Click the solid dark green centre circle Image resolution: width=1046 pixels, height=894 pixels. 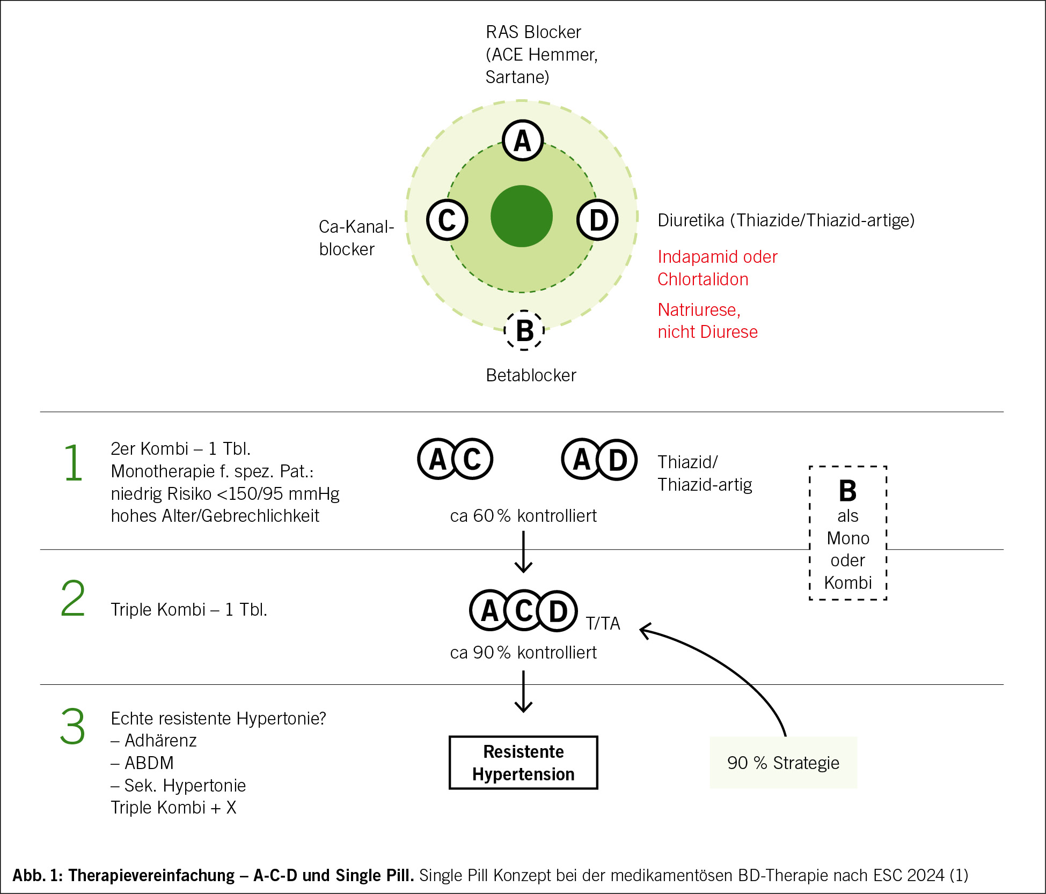(522, 216)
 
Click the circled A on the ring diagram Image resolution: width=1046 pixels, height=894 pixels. (523, 141)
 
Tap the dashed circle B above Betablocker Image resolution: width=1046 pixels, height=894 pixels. (524, 330)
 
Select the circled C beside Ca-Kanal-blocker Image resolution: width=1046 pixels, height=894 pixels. (447, 220)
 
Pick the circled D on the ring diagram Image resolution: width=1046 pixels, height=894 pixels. (598, 220)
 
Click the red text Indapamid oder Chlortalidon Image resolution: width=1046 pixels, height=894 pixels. (717, 268)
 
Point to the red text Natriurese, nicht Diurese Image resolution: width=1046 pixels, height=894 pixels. (707, 321)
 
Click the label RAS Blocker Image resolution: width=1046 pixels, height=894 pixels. (533, 32)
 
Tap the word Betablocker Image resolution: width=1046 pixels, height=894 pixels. (531, 375)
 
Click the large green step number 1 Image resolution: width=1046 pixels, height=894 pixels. (73, 462)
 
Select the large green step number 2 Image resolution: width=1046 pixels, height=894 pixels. (73, 599)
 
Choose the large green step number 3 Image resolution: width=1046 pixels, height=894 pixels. (73, 727)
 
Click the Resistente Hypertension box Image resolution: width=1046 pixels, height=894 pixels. (523, 763)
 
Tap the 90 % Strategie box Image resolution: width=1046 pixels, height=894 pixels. (783, 763)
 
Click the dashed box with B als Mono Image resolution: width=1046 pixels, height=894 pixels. (848, 533)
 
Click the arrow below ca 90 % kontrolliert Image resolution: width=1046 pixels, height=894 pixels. (523, 692)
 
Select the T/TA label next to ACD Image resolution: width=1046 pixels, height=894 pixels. (603, 624)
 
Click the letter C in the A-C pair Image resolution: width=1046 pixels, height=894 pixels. (472, 459)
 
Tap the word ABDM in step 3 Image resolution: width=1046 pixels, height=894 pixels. (149, 763)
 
